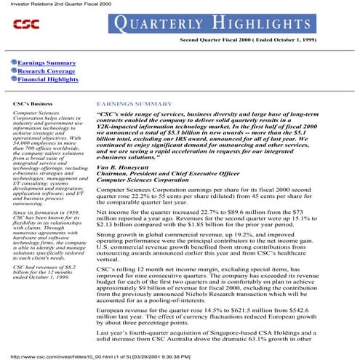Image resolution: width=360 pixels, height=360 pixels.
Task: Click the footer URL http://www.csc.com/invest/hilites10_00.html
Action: [69, 356]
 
